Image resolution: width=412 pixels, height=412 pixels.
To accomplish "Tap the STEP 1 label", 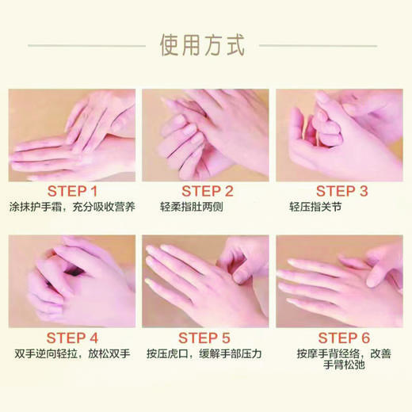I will pos(72,191).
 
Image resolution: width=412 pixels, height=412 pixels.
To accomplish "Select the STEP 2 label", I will pos(208,191).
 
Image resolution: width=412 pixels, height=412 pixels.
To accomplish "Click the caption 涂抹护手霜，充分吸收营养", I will pos(72,208).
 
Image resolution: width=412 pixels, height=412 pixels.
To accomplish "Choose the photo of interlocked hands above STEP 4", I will pos(72,280).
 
